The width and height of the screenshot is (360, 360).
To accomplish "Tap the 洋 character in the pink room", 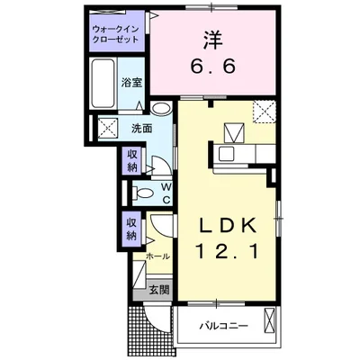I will [x=212, y=40].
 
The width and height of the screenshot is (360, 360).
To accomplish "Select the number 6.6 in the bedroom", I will [x=212, y=67].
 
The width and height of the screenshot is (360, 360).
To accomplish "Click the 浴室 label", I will [x=132, y=83].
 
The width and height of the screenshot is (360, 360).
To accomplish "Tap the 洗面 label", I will [x=140, y=128].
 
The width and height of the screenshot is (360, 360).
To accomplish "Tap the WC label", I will [x=166, y=193].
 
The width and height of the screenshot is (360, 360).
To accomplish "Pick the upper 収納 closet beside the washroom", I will [x=132, y=162].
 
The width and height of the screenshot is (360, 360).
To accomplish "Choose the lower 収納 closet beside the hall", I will [x=132, y=229].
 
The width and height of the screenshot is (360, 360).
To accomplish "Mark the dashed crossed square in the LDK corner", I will [x=263, y=112].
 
